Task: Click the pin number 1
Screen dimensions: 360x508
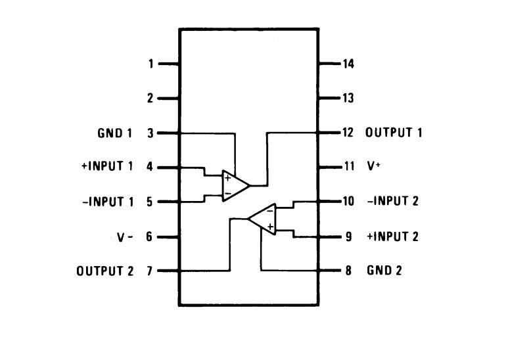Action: tap(150, 64)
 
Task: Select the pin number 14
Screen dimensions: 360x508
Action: tap(348, 64)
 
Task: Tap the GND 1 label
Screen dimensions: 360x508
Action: tap(115, 133)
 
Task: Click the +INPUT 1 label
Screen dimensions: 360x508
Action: tap(107, 167)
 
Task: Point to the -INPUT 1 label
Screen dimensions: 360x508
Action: tap(108, 202)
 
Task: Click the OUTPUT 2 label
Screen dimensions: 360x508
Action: tap(105, 271)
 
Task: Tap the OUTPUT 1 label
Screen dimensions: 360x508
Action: tap(394, 133)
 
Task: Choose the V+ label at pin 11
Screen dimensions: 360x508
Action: tap(373, 167)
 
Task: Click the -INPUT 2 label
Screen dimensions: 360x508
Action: tap(392, 201)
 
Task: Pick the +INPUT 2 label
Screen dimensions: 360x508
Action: tap(392, 236)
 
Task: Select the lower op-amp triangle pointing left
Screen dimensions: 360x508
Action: tap(264, 218)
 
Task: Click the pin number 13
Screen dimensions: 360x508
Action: tap(348, 99)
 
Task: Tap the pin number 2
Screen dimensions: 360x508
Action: tap(150, 99)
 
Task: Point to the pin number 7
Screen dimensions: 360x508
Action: tap(150, 271)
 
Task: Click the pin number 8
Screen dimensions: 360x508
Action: tap(348, 270)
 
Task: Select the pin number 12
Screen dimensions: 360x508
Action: tap(348, 133)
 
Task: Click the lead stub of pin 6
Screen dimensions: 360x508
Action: tap(168, 236)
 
